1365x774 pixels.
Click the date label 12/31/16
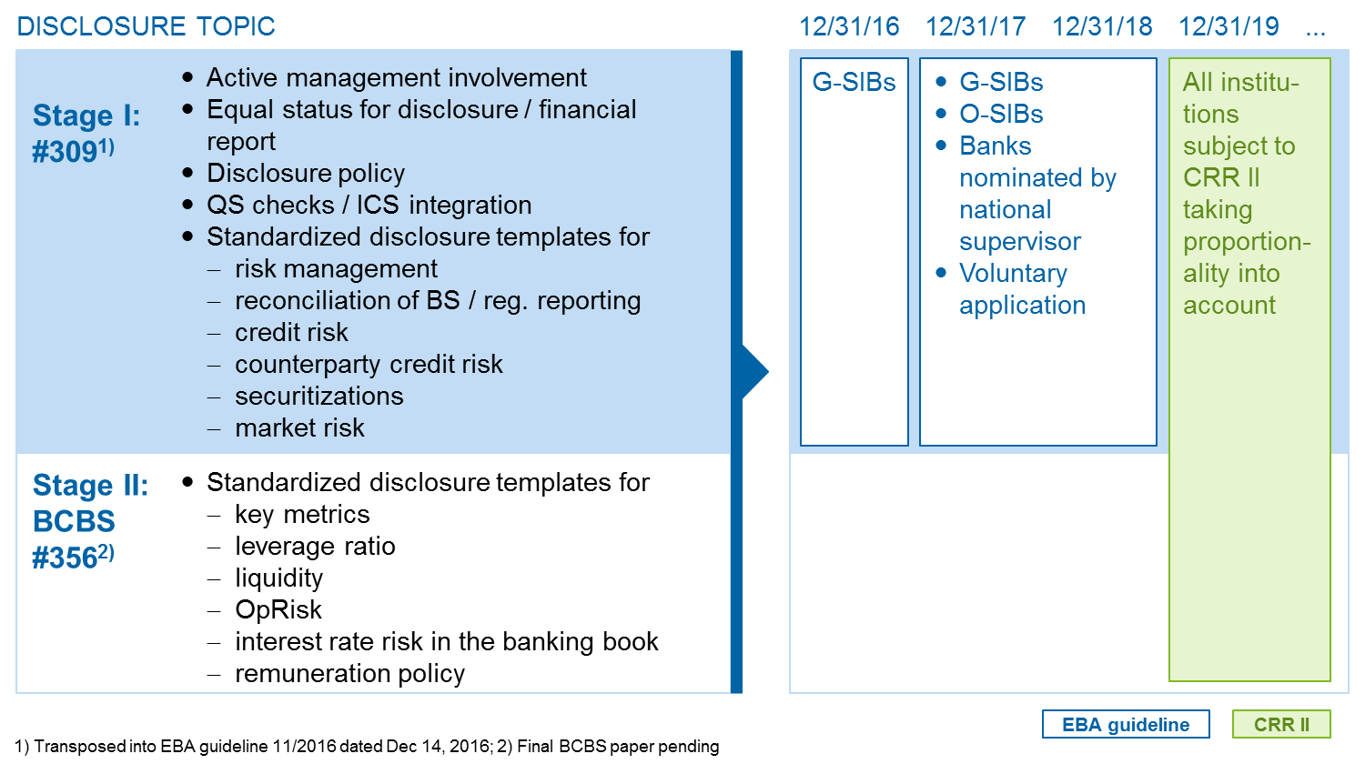tap(849, 26)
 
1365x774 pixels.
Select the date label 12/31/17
tap(976, 26)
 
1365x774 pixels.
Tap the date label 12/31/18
tap(1102, 26)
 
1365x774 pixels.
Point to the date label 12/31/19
tap(1228, 26)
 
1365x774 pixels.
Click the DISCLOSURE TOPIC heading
tap(147, 26)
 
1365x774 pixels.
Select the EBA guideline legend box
tap(1126, 724)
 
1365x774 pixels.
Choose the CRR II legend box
tap(1281, 724)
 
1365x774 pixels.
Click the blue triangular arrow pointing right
tap(755, 371)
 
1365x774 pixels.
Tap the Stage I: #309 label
tap(86, 134)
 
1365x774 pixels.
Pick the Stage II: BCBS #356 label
tap(90, 521)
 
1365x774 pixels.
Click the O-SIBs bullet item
tap(1001, 114)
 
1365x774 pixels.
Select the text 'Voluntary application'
tap(1023, 289)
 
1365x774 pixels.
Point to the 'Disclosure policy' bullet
tap(305, 174)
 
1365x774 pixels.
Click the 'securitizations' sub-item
tap(319, 397)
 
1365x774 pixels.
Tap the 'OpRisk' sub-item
tap(278, 610)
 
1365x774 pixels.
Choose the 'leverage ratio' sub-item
tap(315, 547)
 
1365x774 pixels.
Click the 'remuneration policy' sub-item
tap(349, 674)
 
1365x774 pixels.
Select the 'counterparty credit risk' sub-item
tap(369, 365)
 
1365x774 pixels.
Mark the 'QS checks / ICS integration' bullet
tap(369, 206)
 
